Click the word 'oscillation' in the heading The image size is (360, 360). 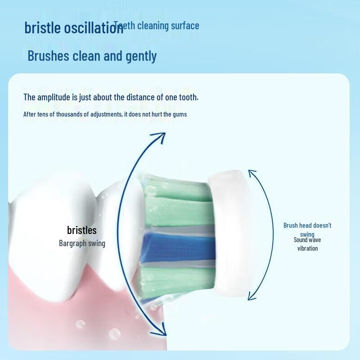click(x=94, y=28)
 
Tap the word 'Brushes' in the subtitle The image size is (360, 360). click(x=48, y=56)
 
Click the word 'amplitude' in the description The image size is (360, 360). click(x=54, y=97)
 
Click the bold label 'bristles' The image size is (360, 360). click(x=82, y=230)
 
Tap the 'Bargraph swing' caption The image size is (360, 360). click(x=82, y=243)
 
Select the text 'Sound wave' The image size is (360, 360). click(x=307, y=240)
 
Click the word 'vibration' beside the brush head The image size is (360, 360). click(x=307, y=248)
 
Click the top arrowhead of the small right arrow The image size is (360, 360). click(x=251, y=173)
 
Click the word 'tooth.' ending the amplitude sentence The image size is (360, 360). click(x=189, y=97)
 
